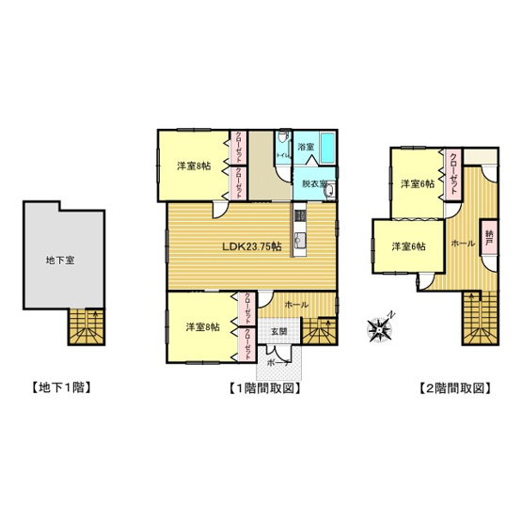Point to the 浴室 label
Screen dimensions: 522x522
[306, 148]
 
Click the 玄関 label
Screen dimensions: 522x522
[281, 330]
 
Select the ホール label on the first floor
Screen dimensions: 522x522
[295, 305]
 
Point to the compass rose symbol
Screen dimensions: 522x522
[380, 328]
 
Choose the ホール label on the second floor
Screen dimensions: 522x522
[463, 242]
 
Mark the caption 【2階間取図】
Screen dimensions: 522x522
[455, 387]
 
